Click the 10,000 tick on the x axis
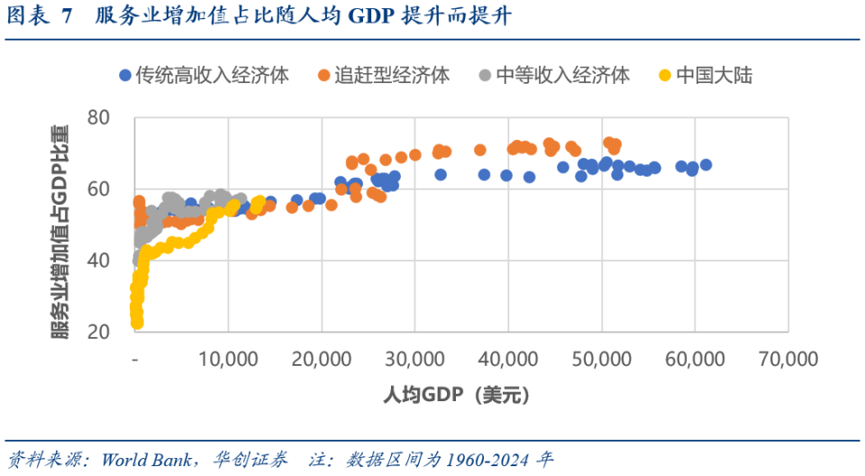pos(227,358)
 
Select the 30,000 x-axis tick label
pos(414,358)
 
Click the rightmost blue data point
pos(706,165)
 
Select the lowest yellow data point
pos(137,323)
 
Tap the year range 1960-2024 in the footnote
pos(487,459)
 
